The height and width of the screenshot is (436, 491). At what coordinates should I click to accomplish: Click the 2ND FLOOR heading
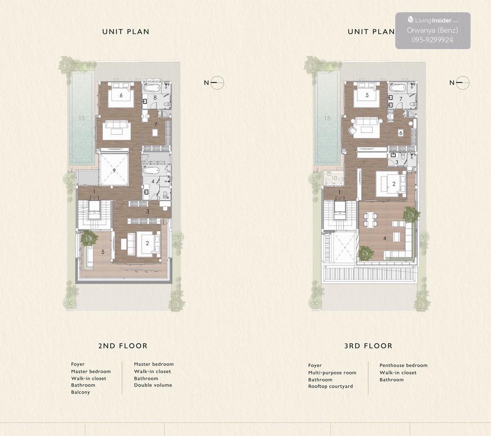(x=123, y=346)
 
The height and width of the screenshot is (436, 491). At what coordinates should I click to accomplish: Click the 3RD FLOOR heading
(x=368, y=346)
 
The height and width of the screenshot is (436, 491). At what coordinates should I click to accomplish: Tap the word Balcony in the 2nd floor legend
(x=81, y=392)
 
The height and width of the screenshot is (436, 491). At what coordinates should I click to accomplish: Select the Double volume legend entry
(x=153, y=385)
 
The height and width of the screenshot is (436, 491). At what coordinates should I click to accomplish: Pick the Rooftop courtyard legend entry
(x=331, y=387)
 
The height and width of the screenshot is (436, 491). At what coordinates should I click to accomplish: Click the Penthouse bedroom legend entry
(x=403, y=365)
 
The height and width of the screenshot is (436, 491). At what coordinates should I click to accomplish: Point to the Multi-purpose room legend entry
(x=332, y=373)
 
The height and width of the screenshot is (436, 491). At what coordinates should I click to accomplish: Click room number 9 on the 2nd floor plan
(x=114, y=171)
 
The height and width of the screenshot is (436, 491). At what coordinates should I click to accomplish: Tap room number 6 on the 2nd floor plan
(x=121, y=95)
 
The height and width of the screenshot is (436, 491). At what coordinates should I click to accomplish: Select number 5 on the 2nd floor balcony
(x=103, y=252)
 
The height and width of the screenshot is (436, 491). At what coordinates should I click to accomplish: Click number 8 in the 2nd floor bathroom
(x=155, y=98)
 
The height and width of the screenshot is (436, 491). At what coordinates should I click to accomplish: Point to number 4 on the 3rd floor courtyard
(x=385, y=238)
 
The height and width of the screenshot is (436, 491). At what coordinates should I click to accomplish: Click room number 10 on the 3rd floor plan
(x=334, y=178)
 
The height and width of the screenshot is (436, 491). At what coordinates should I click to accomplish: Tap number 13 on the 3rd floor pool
(x=327, y=118)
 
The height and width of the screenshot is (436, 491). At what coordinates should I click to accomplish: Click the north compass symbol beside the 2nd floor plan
(x=217, y=83)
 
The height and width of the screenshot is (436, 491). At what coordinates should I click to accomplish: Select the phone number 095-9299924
(x=432, y=40)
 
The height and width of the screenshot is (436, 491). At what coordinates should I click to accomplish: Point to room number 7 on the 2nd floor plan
(x=155, y=125)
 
